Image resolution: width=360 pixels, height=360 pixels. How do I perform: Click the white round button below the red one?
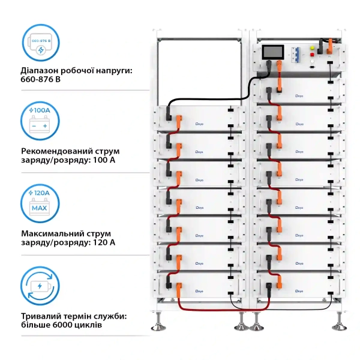[x=313, y=61]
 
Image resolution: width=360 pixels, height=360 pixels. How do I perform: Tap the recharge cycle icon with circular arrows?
[x=40, y=287]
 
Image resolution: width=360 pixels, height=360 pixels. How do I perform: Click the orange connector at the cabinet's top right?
[x=329, y=46]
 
